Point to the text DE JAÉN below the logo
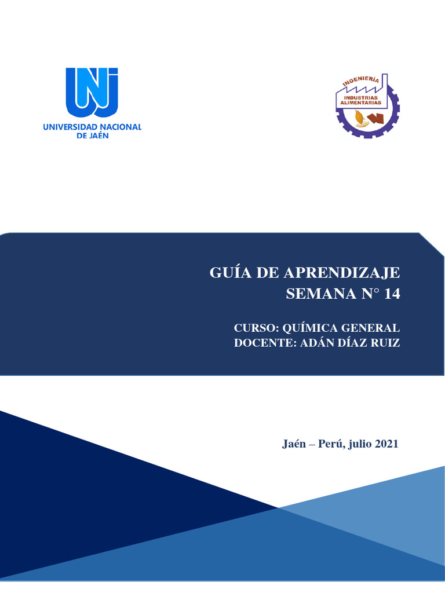point(92,136)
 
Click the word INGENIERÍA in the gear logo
point(361,82)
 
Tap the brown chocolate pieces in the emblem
point(375,119)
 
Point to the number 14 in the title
point(392,294)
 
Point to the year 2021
point(386,445)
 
